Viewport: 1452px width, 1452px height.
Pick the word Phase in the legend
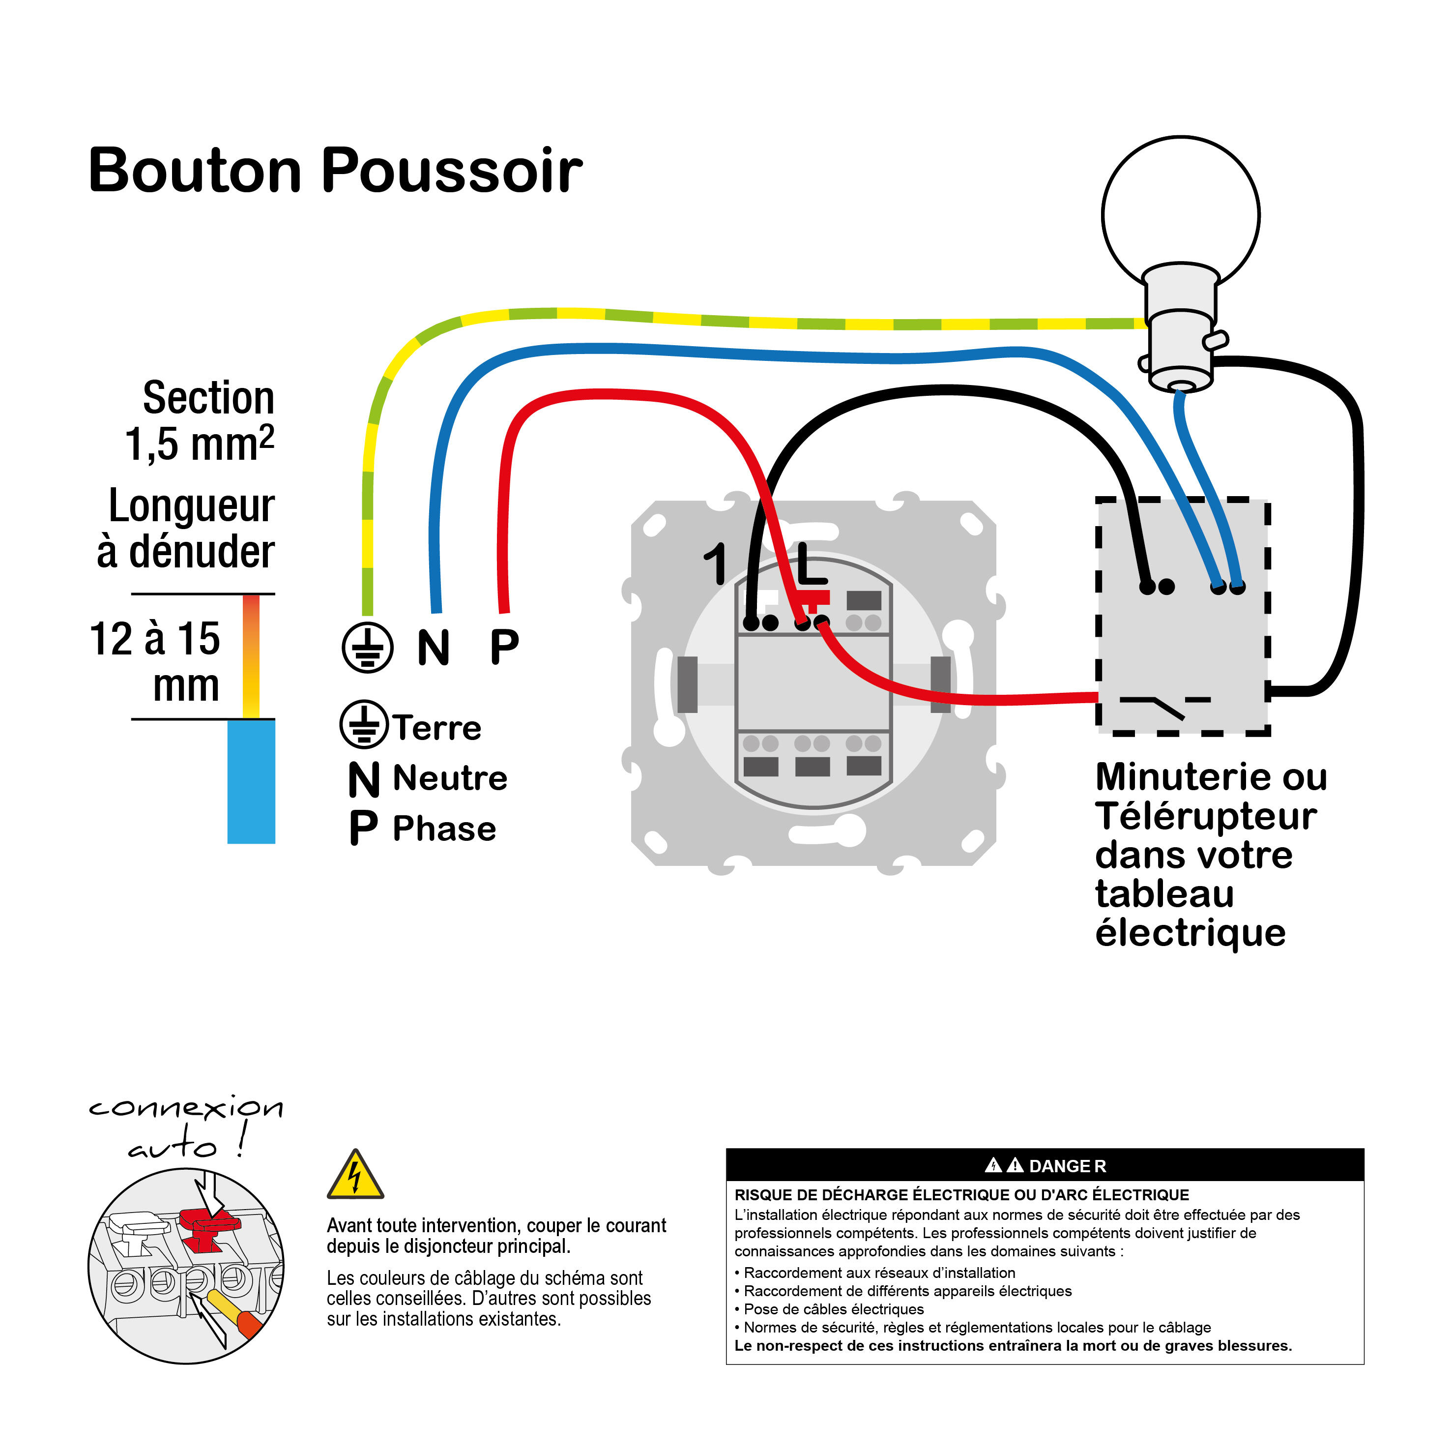coord(444,829)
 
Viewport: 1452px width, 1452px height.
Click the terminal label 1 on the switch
coord(716,564)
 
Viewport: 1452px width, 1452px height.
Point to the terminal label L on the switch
coord(812,564)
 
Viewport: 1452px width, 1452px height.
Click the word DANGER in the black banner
coord(1067,1166)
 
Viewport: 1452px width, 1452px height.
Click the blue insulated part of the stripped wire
coord(251,782)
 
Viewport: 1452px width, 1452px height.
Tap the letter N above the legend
coord(434,648)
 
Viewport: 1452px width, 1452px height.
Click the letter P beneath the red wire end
coord(504,646)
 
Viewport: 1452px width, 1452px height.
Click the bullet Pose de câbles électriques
coord(833,1309)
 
